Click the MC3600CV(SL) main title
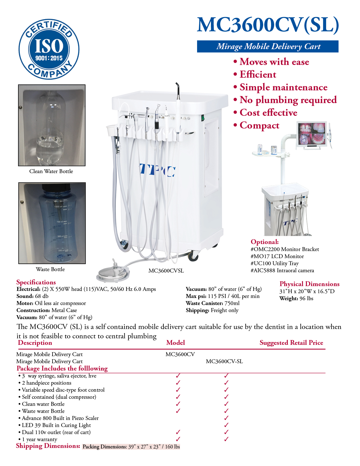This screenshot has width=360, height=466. point(268,25)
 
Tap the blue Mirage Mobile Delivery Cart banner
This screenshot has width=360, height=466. point(268,46)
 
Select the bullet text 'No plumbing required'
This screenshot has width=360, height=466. point(288,100)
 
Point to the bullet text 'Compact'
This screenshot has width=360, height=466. point(259,125)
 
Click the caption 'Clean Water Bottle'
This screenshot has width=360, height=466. point(51,171)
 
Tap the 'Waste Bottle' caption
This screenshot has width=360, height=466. point(50,269)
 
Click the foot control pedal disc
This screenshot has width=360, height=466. point(113,273)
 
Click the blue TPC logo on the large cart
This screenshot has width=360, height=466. point(157,170)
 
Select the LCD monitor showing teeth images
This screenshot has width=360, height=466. point(311,135)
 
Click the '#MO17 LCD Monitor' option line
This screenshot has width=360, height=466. point(277,256)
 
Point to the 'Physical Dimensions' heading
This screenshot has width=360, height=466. point(309,284)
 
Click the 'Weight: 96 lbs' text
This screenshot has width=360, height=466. point(296,299)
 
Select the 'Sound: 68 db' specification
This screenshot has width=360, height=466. point(32,296)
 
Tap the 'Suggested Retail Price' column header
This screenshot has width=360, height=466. point(291,343)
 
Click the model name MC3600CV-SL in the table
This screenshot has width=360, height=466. point(224,362)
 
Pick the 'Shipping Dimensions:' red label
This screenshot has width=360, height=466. point(48,446)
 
